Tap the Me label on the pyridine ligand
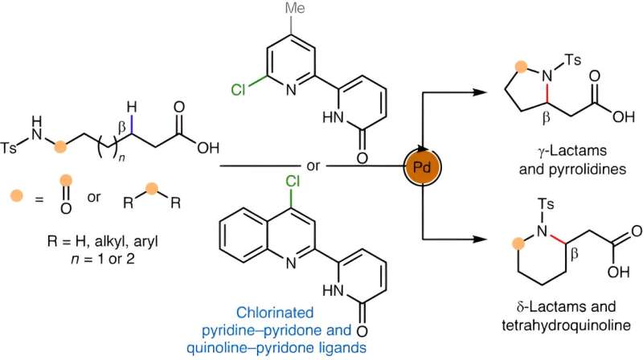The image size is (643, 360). (269, 11)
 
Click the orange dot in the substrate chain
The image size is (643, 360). (58, 146)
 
